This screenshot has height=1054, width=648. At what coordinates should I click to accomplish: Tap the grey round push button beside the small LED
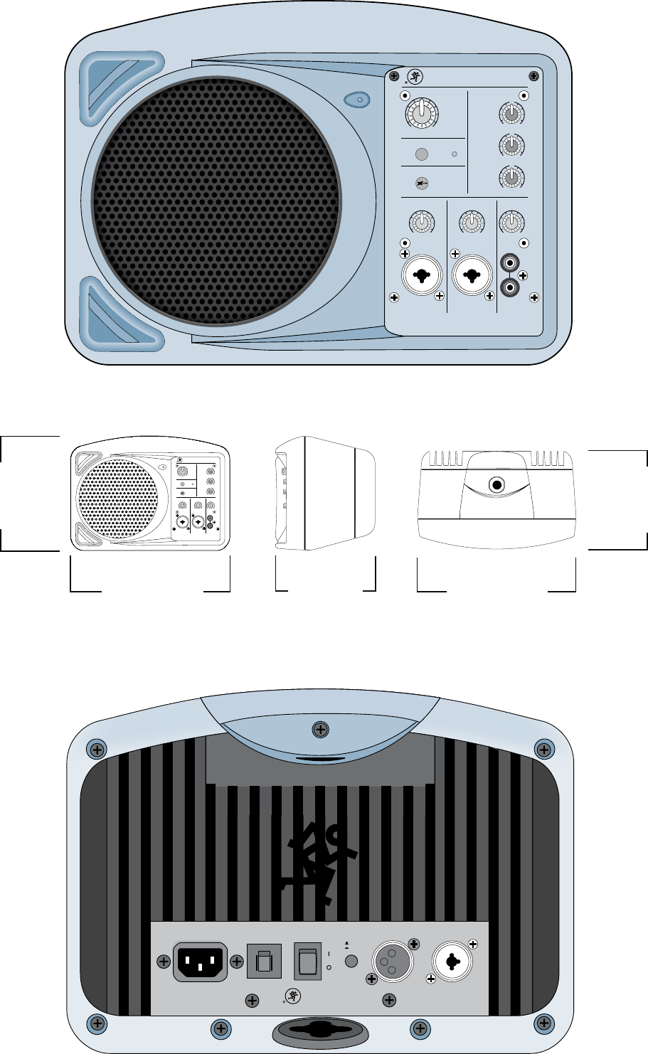422,154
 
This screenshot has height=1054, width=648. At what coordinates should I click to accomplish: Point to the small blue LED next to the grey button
455,154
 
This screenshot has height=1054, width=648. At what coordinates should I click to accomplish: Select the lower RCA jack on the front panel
509,287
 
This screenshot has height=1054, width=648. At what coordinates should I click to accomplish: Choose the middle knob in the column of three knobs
510,145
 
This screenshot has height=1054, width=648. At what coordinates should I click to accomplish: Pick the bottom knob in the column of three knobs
510,175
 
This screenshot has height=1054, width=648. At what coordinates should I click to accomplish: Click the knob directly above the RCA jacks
510,223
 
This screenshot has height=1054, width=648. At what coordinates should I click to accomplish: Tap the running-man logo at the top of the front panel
413,78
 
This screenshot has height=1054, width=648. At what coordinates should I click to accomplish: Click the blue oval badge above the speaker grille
358,100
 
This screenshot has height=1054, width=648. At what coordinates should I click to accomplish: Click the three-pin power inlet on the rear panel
200,962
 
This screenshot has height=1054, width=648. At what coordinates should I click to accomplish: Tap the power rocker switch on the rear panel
308,962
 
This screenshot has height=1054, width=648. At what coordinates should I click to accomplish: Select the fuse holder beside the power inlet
264,962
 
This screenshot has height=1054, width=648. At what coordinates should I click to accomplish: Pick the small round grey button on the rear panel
350,962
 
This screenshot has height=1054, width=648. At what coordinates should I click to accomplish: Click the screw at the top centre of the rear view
322,730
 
